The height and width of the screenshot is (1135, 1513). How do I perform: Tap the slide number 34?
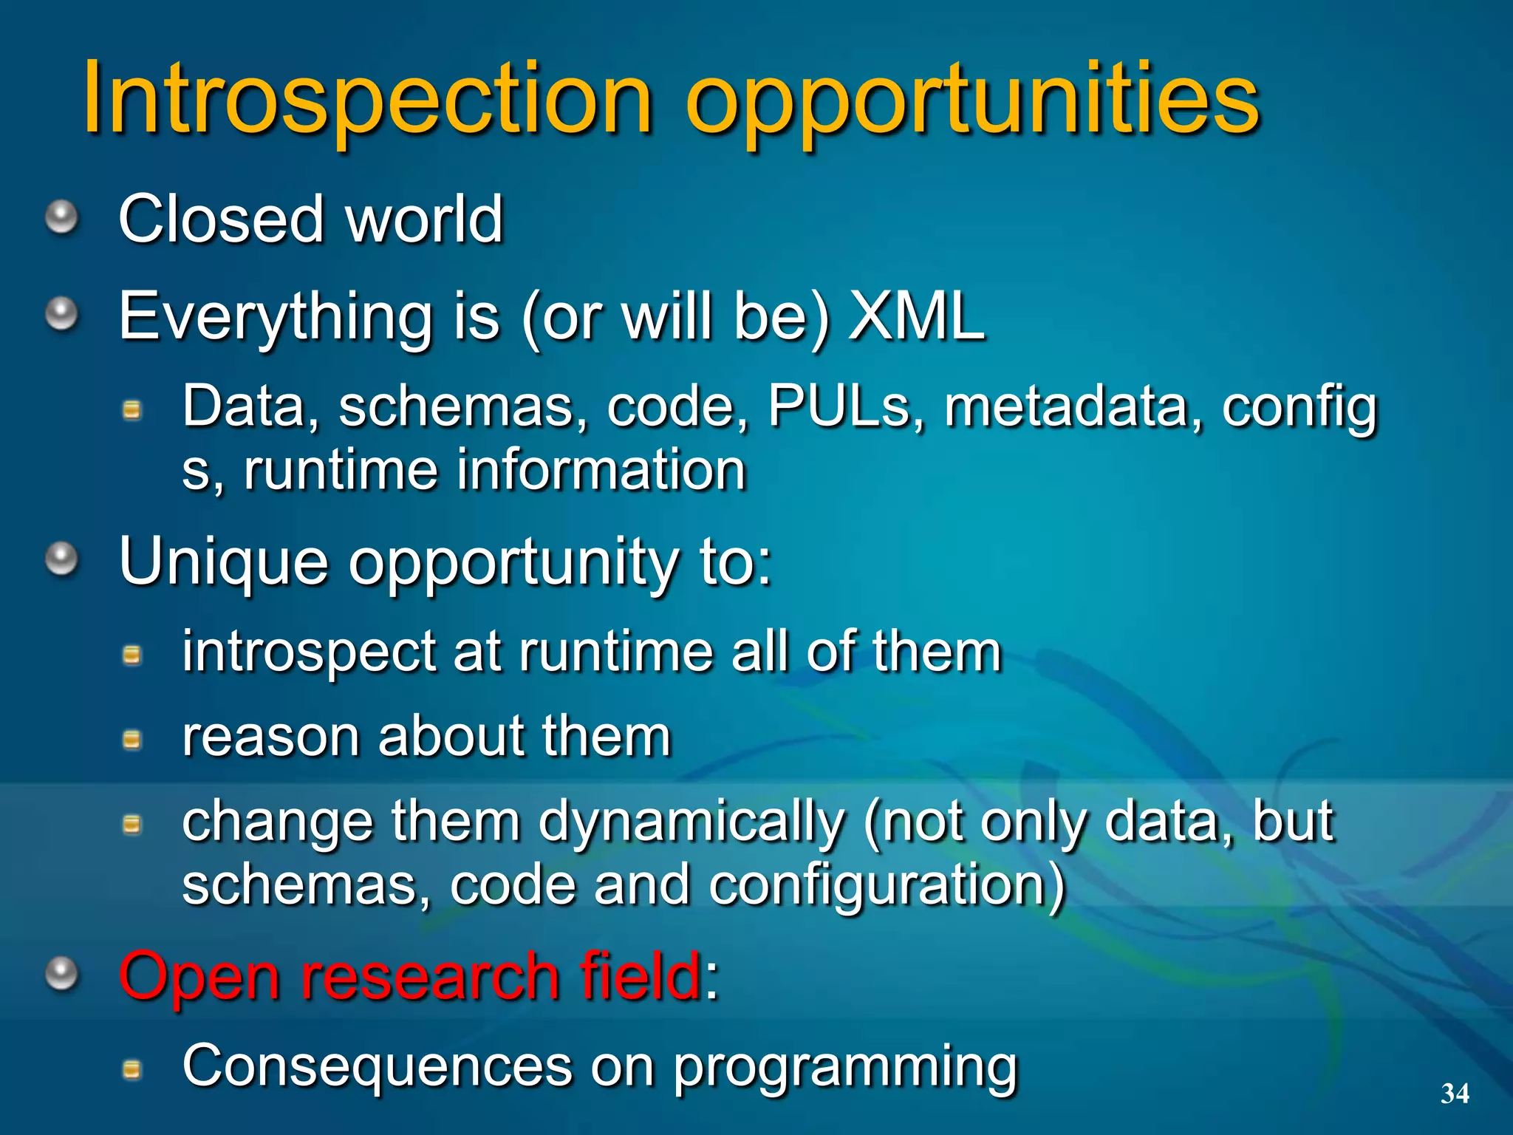[1455, 1093]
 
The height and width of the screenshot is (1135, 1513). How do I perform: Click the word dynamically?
[690, 822]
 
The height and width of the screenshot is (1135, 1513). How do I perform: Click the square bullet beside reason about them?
[132, 739]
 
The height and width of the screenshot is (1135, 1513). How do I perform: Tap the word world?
[425, 219]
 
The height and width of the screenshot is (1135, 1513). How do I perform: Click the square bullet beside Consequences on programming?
[132, 1068]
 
